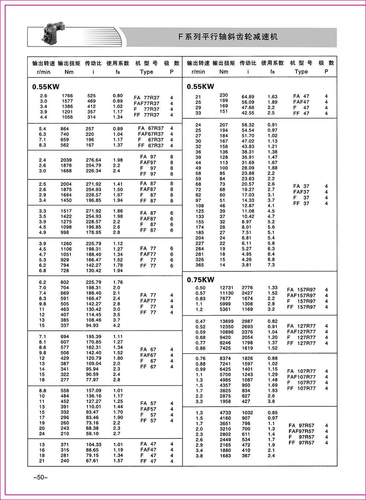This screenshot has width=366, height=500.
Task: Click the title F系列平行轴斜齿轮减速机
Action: point(228,37)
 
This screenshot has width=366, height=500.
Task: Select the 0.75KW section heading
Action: point(201,280)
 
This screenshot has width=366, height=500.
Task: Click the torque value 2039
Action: point(66,160)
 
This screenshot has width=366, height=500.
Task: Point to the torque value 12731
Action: point(226,288)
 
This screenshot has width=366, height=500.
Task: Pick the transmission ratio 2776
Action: point(247,288)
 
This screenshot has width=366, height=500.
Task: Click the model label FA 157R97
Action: point(301,290)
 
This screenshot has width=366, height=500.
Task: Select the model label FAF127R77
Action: point(301,332)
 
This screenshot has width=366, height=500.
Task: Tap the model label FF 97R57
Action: point(301,443)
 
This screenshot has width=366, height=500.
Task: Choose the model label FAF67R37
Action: point(151,134)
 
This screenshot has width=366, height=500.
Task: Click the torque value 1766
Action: point(67,96)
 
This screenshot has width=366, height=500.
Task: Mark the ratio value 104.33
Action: point(93,444)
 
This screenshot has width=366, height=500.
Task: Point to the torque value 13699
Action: point(226,321)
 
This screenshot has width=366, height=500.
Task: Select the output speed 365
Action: point(199,265)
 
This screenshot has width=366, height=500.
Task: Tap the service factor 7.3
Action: point(271,265)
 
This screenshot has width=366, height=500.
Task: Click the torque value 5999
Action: point(225,304)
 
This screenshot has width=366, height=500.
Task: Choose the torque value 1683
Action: point(225,456)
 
